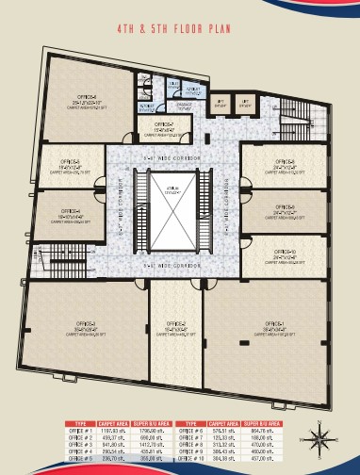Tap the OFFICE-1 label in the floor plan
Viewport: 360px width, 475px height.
tap(272, 322)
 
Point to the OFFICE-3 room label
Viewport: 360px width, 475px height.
tap(72, 322)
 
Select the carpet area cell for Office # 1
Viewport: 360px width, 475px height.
tap(113, 432)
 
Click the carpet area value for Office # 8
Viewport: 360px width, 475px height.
tap(232, 445)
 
